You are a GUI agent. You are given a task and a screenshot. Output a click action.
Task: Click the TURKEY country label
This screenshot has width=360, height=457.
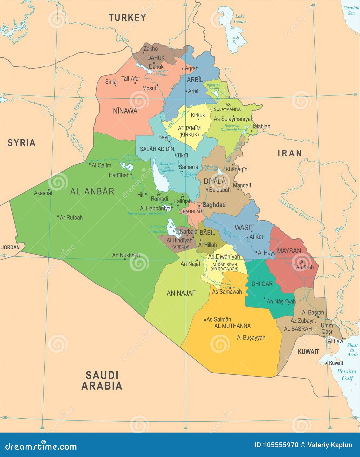point(127,18)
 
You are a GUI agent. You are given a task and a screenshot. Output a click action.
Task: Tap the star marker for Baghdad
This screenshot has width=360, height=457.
point(199,206)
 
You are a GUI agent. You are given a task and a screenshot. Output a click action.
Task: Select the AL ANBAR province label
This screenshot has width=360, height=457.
point(92,191)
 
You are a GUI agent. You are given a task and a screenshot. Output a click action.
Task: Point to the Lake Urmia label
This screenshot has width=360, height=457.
point(240,19)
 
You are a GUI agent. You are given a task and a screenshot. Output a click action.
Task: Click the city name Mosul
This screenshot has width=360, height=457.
point(149,88)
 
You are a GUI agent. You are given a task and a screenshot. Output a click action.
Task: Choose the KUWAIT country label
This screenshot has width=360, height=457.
point(308,352)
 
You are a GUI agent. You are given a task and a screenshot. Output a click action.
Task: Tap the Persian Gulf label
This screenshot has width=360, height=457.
point(347,375)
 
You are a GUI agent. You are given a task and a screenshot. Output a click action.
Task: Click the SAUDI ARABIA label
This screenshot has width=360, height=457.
point(102,380)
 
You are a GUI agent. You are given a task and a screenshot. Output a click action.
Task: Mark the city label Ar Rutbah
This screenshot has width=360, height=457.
point(71,217)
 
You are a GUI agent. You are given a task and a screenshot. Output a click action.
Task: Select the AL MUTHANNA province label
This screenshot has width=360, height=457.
point(232,326)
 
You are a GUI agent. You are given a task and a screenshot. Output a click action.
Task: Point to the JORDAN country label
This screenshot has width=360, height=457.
point(11,247)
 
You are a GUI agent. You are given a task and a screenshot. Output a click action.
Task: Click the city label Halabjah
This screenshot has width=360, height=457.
point(260,126)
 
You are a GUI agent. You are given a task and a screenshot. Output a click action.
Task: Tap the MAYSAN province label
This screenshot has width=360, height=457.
point(289,251)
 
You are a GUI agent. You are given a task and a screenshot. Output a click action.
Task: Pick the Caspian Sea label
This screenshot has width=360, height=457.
point(351,10)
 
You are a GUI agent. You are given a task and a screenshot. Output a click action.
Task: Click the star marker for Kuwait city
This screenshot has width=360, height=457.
point(326,363)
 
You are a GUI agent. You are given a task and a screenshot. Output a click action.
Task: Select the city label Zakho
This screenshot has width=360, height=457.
point(151,49)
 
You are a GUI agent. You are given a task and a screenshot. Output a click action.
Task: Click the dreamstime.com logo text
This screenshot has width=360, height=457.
point(41,446)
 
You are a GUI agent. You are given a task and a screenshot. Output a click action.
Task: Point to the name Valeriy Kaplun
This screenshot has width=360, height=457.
point(330,445)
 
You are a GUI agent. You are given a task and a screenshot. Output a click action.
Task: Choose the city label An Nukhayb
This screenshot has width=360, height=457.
point(126,255)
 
